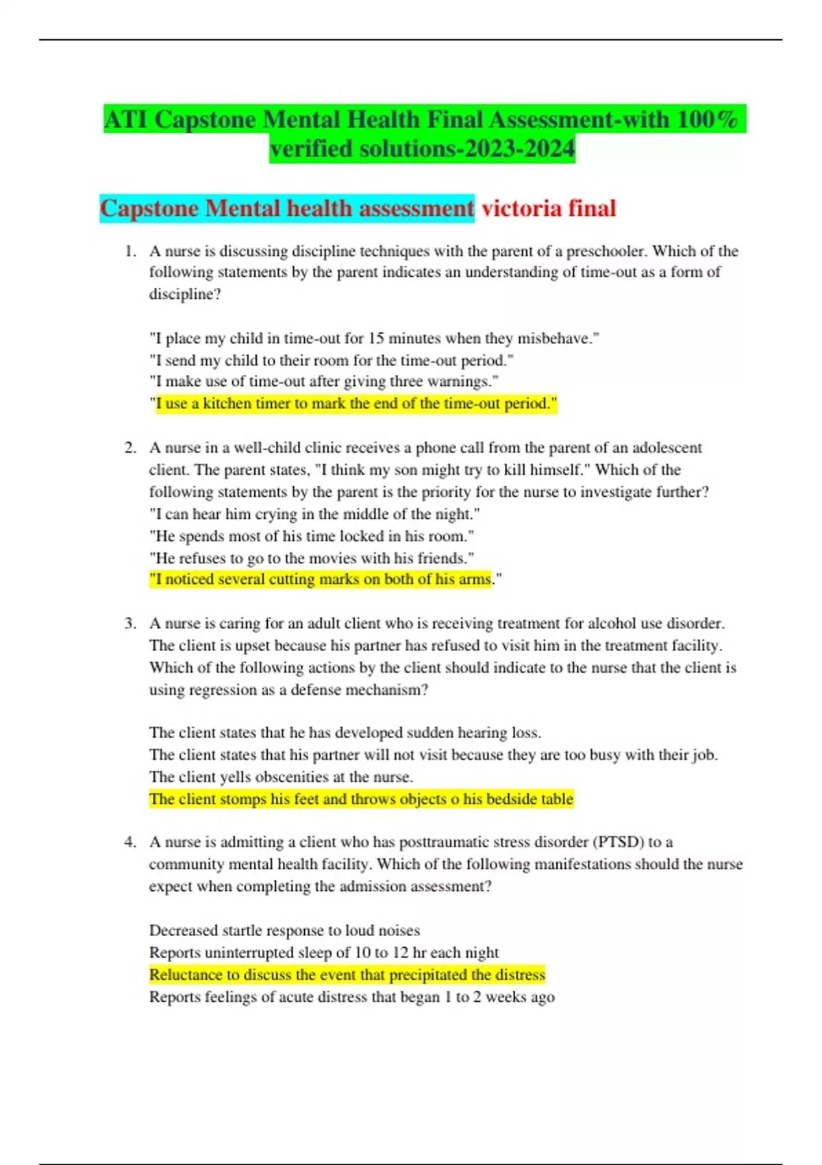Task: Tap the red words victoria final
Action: click(549, 208)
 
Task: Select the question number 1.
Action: click(130, 252)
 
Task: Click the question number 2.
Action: click(130, 448)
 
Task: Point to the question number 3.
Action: click(130, 624)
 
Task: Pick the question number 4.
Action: click(130, 842)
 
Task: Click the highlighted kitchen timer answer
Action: click(356, 404)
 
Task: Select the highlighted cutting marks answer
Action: click(321, 580)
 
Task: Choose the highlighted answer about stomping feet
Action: click(361, 799)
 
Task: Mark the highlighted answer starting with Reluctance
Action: click(347, 974)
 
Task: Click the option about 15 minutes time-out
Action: click(374, 339)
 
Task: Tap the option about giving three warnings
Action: click(323, 382)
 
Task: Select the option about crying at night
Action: click(314, 514)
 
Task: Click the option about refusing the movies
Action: click(312, 558)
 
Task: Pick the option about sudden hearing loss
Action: click(345, 733)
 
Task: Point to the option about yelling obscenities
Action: click(281, 777)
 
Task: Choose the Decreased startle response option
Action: click(284, 931)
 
